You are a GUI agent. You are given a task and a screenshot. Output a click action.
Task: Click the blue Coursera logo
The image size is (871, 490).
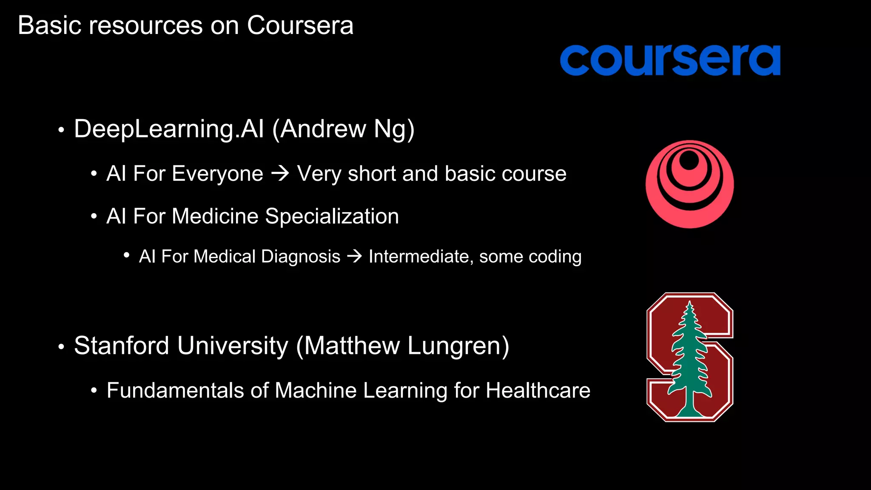670,60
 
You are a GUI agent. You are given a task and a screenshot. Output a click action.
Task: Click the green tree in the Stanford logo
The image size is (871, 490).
690,362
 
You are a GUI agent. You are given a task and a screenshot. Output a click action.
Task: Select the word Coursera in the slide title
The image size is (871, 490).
300,26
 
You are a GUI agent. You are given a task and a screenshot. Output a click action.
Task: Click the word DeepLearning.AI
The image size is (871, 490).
169,129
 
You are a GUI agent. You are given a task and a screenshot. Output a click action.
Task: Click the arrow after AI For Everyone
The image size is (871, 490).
280,174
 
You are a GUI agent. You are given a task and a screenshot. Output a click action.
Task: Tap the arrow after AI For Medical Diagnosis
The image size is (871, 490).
354,256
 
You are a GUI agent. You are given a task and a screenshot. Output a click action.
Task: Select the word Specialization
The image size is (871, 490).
332,216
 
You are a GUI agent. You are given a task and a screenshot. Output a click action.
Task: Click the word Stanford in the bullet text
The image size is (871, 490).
122,345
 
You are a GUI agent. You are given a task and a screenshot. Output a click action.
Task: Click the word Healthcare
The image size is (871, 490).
538,390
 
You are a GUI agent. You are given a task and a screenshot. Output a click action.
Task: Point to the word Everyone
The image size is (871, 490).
217,174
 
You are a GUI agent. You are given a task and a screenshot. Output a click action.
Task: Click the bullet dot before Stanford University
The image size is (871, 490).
61,347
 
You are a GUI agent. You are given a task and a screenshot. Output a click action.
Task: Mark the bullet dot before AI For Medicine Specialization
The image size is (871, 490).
94,217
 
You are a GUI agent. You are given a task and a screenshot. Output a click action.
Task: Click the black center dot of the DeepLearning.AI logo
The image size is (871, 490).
689,161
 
